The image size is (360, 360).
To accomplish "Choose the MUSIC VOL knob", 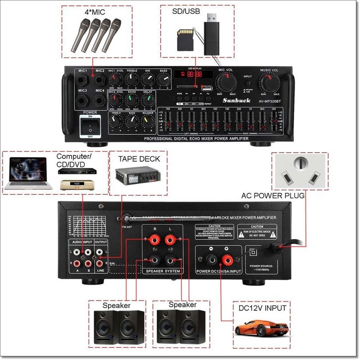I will pyautogui.click(x=270, y=82).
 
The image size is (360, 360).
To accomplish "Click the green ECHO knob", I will pyautogui.click(x=131, y=100).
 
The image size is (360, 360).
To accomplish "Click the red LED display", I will pyautogui.click(x=190, y=74).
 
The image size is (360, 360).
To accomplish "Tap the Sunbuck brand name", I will pyautogui.click(x=232, y=100).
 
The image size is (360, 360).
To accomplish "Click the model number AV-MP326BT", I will pyautogui.click(x=268, y=100).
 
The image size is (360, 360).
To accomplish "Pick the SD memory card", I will pyautogui.click(x=185, y=39).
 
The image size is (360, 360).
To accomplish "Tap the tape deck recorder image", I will pyautogui.click(x=136, y=177).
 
